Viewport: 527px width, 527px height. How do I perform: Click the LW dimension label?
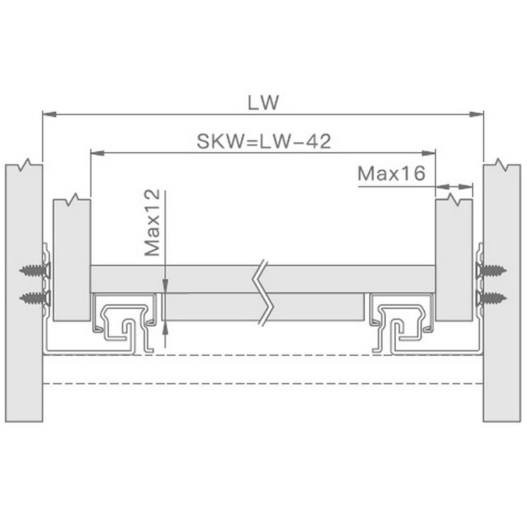[263, 102]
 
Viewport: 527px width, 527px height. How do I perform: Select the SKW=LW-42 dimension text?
[264, 141]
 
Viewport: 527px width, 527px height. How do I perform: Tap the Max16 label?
[392, 173]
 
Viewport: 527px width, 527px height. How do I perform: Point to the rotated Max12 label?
[152, 222]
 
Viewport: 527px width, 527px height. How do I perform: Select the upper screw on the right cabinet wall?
[492, 270]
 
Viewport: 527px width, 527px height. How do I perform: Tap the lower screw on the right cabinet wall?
[492, 297]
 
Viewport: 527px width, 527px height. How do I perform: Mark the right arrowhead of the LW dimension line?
[476, 114]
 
